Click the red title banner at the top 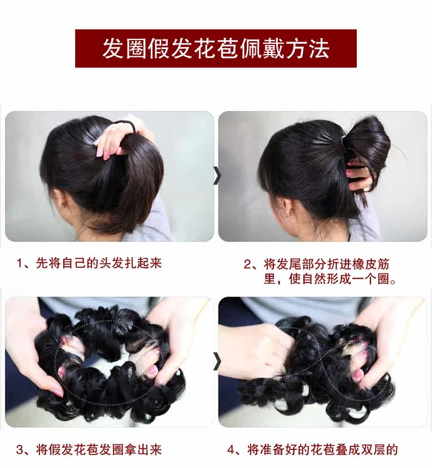tap(216, 48)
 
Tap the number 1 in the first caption tap(20, 263)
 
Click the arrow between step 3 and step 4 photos tap(216, 361)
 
